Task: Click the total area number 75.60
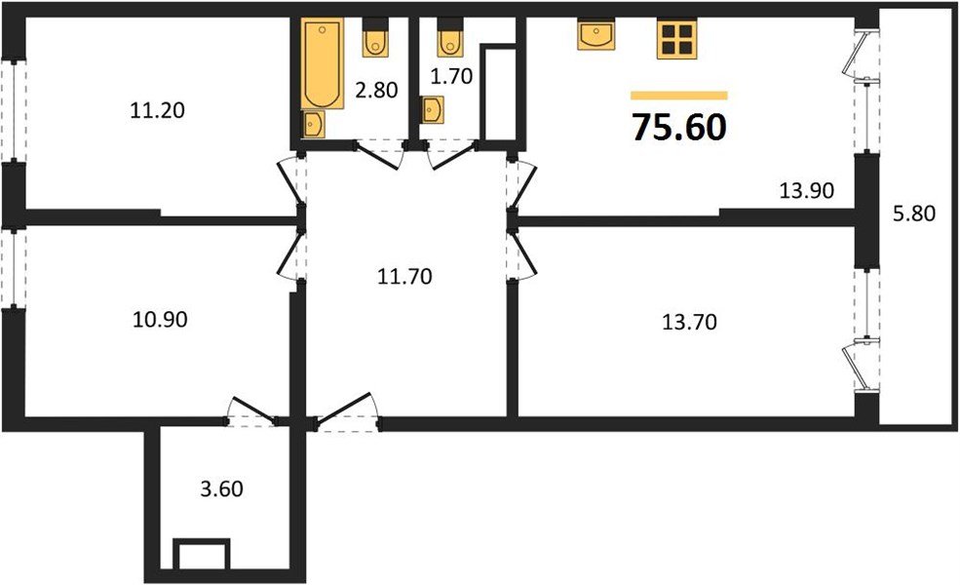pos(679,127)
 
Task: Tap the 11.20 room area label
pos(157,110)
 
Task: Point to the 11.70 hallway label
pos(403,276)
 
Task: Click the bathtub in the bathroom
pos(319,64)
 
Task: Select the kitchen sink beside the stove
pos(595,35)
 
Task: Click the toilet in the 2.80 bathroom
pos(375,38)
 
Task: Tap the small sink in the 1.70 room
pos(431,110)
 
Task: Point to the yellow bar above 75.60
pos(679,96)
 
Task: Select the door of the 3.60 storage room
pos(252,409)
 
